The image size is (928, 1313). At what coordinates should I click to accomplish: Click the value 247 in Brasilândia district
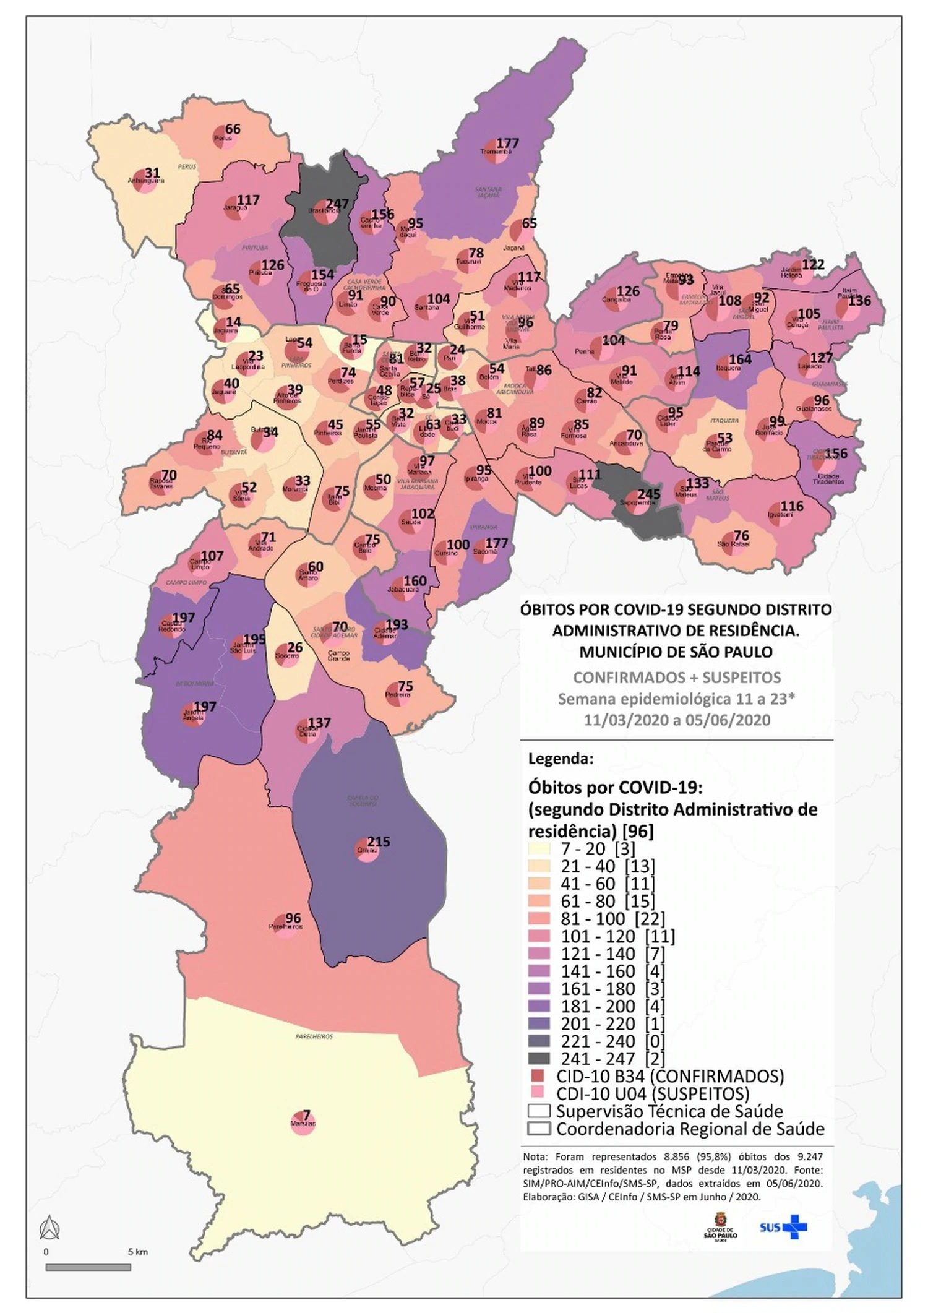pos(338,204)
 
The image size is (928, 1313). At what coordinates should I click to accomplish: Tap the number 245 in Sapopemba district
pos(649,494)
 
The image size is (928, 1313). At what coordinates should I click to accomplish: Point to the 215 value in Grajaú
pos(379,842)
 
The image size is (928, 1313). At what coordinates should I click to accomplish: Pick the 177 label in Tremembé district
pos(508,143)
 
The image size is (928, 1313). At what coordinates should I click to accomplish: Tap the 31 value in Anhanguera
pos(152,173)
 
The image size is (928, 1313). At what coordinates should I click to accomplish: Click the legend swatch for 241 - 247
pos(539,1059)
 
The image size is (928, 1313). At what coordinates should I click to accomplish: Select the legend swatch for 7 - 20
pos(539,849)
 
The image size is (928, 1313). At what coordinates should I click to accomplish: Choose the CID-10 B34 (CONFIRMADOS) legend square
pos(538,1076)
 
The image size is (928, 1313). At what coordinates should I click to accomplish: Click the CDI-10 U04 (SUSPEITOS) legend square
pos(538,1093)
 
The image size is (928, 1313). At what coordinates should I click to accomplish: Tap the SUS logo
pos(783,1227)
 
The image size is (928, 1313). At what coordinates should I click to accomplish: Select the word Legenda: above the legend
pos(561,759)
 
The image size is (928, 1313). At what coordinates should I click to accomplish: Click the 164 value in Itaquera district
pos(740,359)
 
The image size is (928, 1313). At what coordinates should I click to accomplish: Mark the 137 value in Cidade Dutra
pos(319,723)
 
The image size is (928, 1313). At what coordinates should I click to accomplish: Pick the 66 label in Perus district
pos(233,129)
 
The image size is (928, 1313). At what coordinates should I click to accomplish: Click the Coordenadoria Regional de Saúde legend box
pos(539,1129)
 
